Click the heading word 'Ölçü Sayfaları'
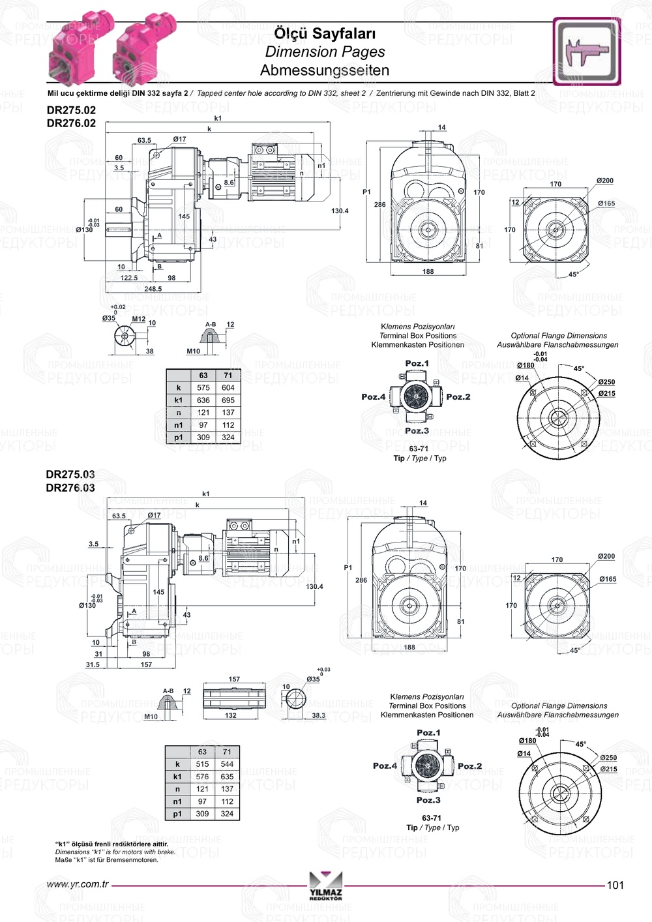click(x=324, y=33)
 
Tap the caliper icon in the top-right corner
click(x=586, y=52)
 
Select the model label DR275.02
click(x=71, y=110)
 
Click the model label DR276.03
click(x=70, y=487)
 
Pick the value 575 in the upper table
click(x=203, y=387)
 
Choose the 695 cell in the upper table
click(x=228, y=400)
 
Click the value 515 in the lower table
click(x=202, y=764)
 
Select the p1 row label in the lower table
click(x=177, y=814)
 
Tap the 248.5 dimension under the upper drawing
click(x=153, y=289)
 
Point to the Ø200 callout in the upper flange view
click(x=604, y=181)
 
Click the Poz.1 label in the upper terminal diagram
click(x=417, y=363)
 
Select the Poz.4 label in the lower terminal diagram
click(x=385, y=766)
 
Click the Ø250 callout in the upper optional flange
click(x=606, y=382)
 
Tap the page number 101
click(x=615, y=885)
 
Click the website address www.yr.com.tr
click(x=78, y=885)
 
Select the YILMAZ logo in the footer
click(x=325, y=886)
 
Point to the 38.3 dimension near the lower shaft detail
click(x=318, y=715)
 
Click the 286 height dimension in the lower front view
click(x=361, y=580)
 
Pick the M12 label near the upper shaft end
click(x=139, y=319)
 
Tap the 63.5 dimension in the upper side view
click(x=144, y=140)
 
